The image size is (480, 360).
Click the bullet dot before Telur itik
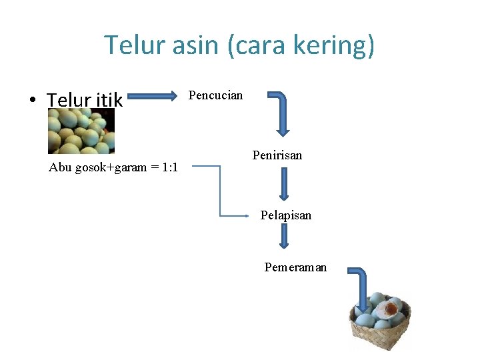(32, 101)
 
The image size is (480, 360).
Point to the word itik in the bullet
(109, 100)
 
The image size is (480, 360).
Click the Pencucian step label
(216, 95)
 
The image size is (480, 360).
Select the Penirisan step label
(277, 155)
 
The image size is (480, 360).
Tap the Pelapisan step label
(285, 215)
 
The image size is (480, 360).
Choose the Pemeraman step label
(295, 267)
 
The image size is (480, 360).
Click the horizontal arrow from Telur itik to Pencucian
(158, 97)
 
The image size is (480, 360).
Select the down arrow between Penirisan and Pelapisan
(283, 184)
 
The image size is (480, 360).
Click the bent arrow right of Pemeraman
(361, 287)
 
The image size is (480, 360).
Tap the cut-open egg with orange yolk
(389, 308)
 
